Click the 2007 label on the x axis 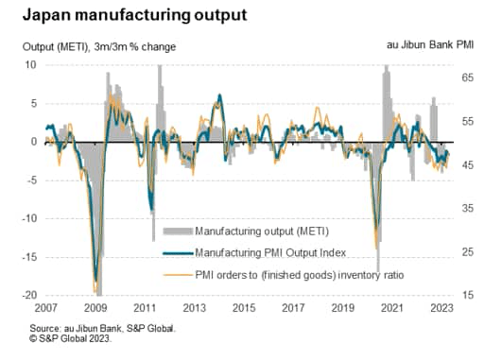45,308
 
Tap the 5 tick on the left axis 32,103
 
